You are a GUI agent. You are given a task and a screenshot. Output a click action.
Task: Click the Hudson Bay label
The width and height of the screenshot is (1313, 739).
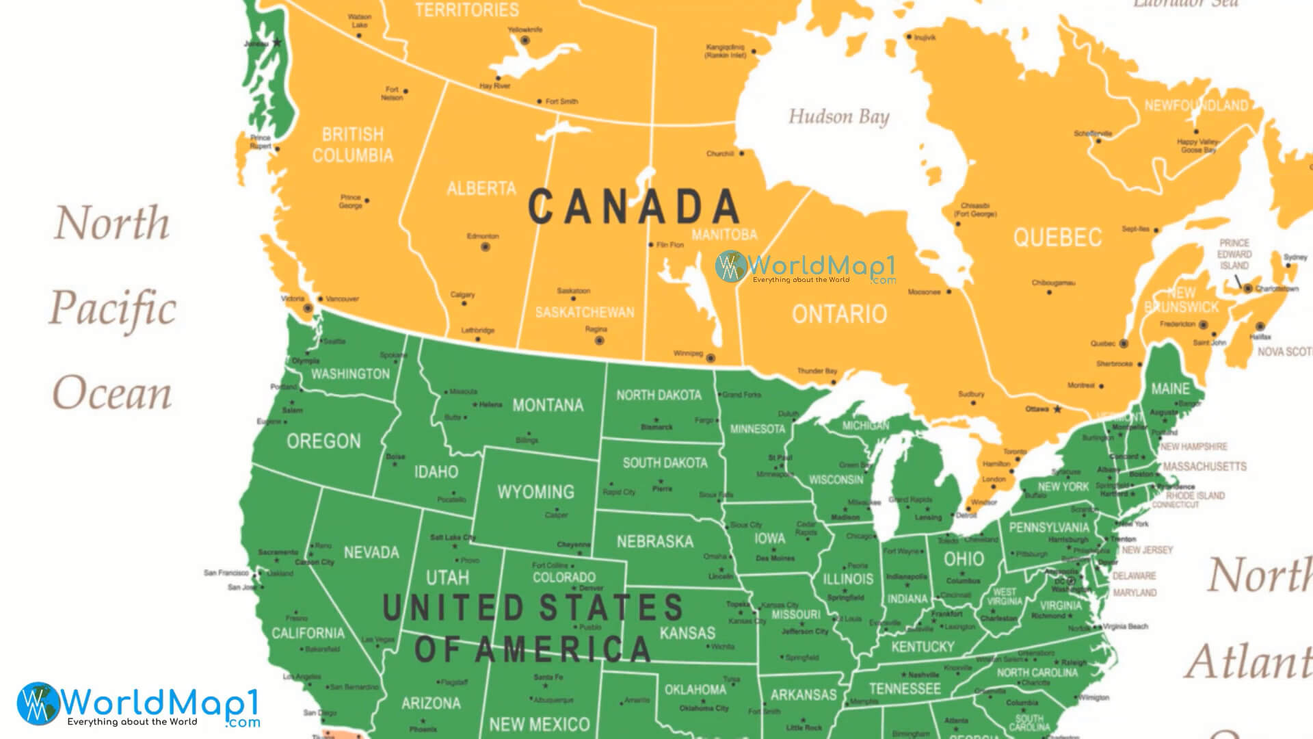point(838,117)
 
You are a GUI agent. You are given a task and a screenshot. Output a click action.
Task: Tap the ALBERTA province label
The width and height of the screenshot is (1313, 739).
point(481,188)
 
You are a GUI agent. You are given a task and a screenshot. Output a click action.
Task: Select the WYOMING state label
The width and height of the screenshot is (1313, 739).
point(535,492)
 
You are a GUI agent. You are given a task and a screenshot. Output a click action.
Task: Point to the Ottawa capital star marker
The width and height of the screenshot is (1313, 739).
point(1057,409)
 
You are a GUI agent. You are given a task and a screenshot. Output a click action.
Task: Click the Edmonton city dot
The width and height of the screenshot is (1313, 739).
point(486,247)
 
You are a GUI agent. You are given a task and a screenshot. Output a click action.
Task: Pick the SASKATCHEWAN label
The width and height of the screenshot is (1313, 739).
point(585,312)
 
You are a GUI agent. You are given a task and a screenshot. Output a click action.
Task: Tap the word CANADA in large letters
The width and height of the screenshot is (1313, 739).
point(634,207)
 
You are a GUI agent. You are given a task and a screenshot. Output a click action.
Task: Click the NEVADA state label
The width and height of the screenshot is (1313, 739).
point(371,552)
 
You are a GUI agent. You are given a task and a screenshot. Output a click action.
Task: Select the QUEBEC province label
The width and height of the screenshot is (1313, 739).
point(1057,237)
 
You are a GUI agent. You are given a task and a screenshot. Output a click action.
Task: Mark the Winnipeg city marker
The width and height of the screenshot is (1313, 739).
point(711,358)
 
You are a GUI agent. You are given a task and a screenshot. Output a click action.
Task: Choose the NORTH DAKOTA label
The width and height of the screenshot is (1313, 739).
point(659,395)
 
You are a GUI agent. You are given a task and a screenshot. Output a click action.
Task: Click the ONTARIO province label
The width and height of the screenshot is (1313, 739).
point(839,314)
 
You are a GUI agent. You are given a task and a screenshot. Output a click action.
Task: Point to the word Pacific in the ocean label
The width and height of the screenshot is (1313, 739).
point(113,309)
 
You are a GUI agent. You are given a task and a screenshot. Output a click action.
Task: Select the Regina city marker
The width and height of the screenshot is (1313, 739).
point(600,340)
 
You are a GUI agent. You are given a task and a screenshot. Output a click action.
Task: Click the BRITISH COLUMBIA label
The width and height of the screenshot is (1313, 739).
point(353,144)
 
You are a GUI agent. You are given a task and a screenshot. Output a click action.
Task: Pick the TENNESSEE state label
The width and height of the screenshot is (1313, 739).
point(905,688)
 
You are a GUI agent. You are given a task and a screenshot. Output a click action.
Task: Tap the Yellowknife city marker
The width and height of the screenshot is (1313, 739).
point(525,41)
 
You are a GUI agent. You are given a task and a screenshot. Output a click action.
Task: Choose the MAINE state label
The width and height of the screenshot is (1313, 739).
point(1170,389)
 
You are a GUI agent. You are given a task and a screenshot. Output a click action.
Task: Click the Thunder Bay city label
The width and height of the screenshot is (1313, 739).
point(817,371)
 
